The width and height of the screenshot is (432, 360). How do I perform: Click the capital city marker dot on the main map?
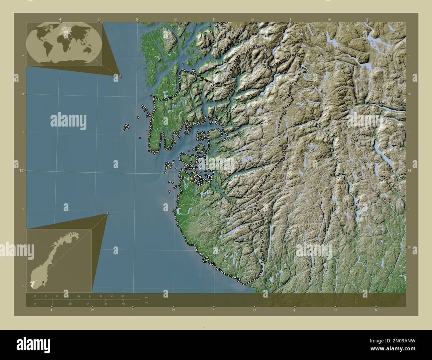[x=192, y=180]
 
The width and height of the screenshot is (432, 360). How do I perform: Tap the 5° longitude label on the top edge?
[x=137, y=20]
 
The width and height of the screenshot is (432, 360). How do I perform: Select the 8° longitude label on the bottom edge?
[x=376, y=310]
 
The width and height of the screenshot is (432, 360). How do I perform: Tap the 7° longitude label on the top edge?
[x=291, y=20]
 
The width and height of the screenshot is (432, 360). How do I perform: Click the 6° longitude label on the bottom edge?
[x=214, y=310]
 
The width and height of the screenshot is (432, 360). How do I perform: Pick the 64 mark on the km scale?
[x=123, y=296]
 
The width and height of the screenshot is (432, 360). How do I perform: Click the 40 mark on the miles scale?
[x=123, y=304]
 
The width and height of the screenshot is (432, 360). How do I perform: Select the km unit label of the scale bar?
[x=146, y=297]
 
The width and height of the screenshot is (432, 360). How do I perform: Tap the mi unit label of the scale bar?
[x=146, y=303]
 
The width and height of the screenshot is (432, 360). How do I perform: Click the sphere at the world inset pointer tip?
[x=120, y=76]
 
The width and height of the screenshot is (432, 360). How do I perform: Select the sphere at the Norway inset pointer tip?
[x=108, y=214]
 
